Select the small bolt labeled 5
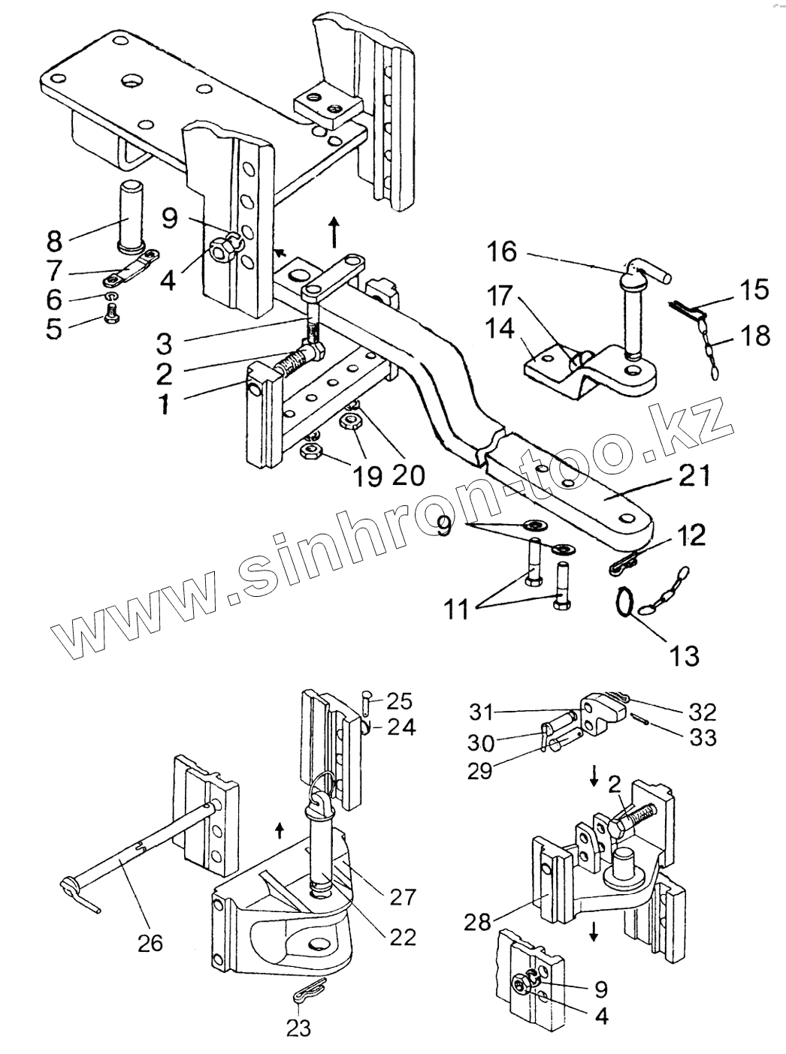click(111, 322)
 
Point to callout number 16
click(501, 252)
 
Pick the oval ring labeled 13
click(623, 601)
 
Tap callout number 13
click(685, 655)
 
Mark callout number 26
click(150, 942)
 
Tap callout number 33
click(702, 738)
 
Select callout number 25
click(400, 701)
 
